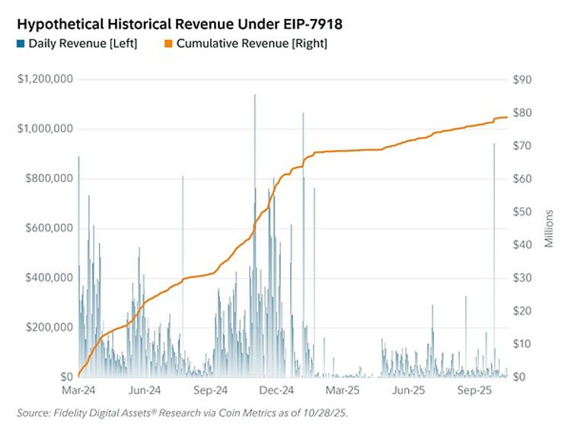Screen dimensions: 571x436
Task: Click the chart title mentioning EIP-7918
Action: [180, 24]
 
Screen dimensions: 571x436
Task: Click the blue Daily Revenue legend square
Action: [21, 43]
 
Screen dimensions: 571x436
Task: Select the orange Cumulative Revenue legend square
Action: [168, 43]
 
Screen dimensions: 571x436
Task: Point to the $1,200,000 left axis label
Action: [45, 79]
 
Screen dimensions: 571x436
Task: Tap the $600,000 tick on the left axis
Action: [49, 228]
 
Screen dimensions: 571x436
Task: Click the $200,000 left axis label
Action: [49, 327]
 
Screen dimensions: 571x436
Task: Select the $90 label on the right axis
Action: [522, 79]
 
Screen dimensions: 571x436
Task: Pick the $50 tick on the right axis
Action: [522, 212]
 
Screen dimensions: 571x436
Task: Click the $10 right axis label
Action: [522, 344]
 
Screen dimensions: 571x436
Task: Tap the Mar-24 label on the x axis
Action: [78, 390]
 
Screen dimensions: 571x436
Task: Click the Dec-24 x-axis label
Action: [276, 390]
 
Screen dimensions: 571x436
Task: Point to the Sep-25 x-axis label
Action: [474, 390]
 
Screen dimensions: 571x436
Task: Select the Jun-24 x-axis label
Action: [145, 390]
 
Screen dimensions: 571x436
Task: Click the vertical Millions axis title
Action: [549, 228]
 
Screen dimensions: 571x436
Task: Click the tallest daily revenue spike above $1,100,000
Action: [255, 95]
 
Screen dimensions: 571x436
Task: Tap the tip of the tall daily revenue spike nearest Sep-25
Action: [494, 144]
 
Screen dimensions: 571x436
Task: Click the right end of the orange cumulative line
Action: [507, 117]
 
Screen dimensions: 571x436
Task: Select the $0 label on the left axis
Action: [66, 377]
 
